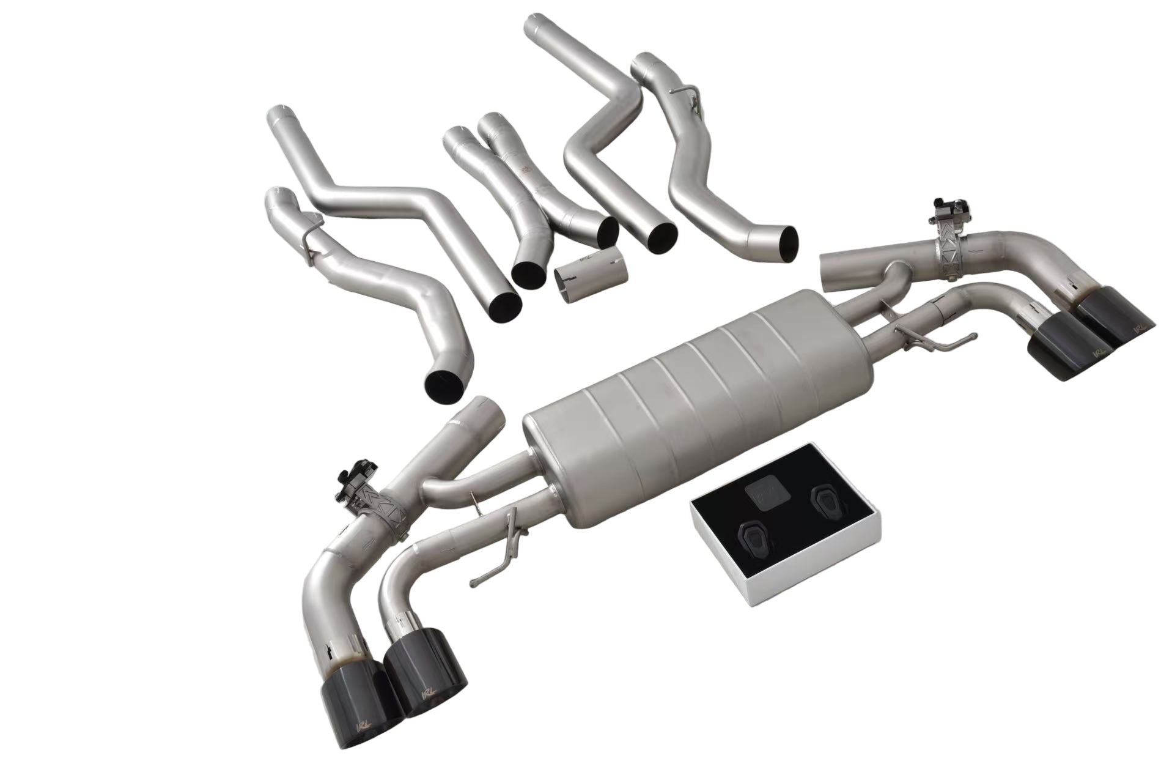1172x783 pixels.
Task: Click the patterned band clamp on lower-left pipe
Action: [x=385, y=504]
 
